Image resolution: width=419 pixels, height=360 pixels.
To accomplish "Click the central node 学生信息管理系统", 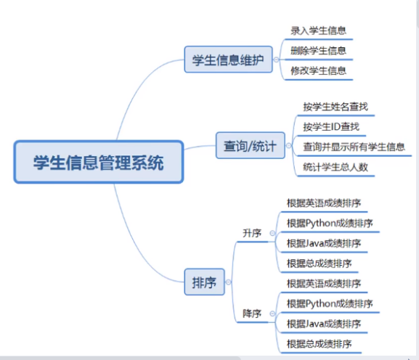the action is point(99,162).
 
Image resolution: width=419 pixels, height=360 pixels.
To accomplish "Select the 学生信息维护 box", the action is point(229,60).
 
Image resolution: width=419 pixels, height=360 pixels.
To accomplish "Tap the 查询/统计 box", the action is point(250,146).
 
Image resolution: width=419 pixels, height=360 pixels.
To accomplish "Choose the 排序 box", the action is point(205,282).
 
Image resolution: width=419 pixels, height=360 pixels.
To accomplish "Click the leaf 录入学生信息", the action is point(319,30).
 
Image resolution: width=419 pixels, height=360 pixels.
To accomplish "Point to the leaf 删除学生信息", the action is point(319,51).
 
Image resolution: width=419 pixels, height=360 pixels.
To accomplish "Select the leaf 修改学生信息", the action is point(319,71).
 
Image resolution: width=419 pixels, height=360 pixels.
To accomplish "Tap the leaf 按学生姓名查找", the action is point(335,107).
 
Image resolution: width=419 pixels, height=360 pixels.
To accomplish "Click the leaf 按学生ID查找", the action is point(331,127).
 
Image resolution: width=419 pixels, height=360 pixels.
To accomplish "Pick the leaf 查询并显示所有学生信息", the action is point(354,147).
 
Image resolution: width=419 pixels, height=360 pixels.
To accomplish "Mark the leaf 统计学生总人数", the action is point(335,167).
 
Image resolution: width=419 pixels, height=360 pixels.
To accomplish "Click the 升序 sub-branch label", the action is point(252,233).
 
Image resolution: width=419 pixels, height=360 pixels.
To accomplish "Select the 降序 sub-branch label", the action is point(252,314).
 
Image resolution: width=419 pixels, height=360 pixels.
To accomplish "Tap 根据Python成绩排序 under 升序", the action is point(330,224).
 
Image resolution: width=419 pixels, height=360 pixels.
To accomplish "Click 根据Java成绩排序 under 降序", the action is point(324,324).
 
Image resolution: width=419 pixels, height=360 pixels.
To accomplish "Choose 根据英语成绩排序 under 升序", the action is point(324,203).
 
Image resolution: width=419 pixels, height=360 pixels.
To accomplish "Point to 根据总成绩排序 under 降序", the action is point(320,344).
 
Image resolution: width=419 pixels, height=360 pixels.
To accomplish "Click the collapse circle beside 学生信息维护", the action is point(276,60).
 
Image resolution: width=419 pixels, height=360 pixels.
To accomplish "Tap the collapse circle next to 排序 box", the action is point(228,282).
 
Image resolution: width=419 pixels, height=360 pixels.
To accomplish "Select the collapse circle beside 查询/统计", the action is point(288,146).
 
